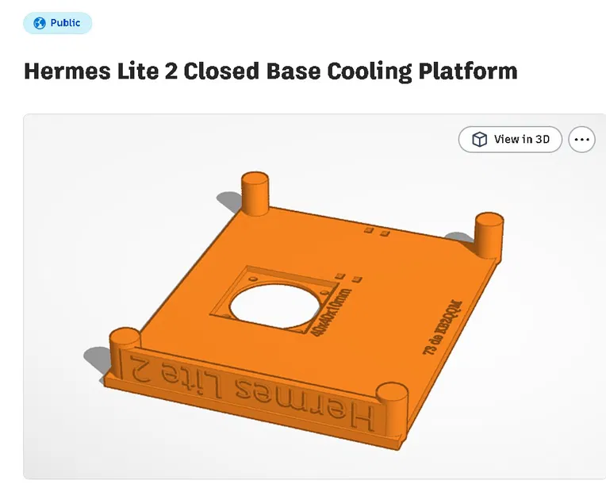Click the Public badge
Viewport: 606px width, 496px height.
(x=58, y=23)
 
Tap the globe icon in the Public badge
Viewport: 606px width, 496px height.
(x=39, y=23)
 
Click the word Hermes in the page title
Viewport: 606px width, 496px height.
(x=64, y=71)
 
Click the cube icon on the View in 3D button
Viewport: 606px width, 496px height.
(x=479, y=140)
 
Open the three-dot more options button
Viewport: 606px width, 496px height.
(x=582, y=140)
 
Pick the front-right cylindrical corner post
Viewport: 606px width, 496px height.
(x=391, y=402)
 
